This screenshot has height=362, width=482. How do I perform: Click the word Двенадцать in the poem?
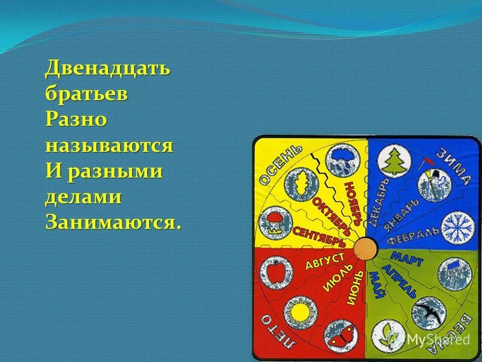pyautogui.click(x=107, y=68)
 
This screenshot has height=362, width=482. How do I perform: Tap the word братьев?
pyautogui.click(x=85, y=95)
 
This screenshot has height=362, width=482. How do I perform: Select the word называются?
pyautogui.click(x=109, y=146)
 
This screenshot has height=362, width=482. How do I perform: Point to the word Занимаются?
pyautogui.click(x=112, y=223)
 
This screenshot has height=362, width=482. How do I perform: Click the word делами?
pyautogui.click(x=83, y=198)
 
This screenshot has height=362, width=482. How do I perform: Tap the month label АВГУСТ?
pyautogui.click(x=324, y=262)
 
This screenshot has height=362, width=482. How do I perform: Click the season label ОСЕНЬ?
pyautogui.click(x=280, y=164)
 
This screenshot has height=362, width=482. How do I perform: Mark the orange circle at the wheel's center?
pyautogui.click(x=365, y=248)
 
